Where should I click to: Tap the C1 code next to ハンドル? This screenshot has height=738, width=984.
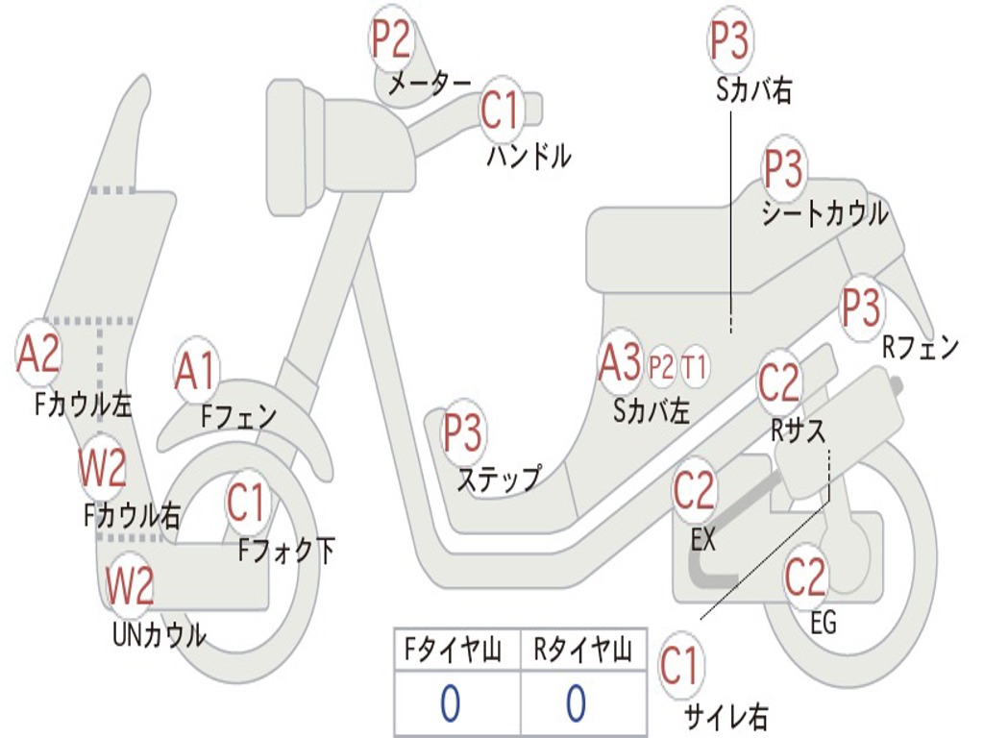[500, 110]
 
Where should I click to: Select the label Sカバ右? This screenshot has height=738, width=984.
[753, 91]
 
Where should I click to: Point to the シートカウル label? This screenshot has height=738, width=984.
[824, 214]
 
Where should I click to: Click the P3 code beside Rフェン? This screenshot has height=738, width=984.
[860, 307]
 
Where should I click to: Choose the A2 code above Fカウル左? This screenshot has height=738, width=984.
[38, 355]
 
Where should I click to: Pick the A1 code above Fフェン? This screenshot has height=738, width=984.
[196, 371]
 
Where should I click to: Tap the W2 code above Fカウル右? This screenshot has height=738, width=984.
[102, 469]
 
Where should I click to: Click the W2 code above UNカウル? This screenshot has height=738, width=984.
[130, 585]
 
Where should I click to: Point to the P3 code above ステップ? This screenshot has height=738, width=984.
[462, 432]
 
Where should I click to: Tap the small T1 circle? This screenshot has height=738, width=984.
[695, 366]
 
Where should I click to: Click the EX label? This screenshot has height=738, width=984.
[703, 540]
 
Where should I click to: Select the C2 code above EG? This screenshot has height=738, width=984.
[805, 577]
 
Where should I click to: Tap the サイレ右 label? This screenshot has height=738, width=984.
[726, 715]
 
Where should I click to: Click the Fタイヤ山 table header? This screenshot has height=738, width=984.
[454, 652]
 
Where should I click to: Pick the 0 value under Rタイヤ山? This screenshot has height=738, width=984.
[576, 703]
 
